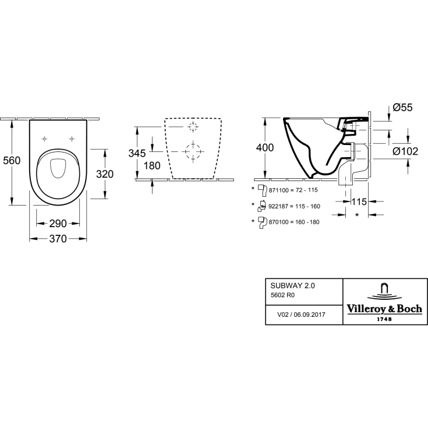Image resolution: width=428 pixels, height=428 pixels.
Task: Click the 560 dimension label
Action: (12, 160)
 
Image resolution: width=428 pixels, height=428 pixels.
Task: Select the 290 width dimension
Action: (58, 224)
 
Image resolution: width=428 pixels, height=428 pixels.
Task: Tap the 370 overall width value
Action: (58, 239)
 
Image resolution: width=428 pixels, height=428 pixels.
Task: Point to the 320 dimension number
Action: (105, 174)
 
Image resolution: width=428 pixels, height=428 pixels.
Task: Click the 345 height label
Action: (137, 153)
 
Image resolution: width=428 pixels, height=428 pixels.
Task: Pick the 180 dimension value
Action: (152, 166)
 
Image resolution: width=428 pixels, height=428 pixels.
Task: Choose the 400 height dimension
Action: (265, 148)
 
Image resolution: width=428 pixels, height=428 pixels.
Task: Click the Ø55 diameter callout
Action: (402, 108)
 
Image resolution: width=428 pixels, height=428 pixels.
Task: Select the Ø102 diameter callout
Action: (405, 151)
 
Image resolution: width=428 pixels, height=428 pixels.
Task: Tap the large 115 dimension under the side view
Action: (359, 201)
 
